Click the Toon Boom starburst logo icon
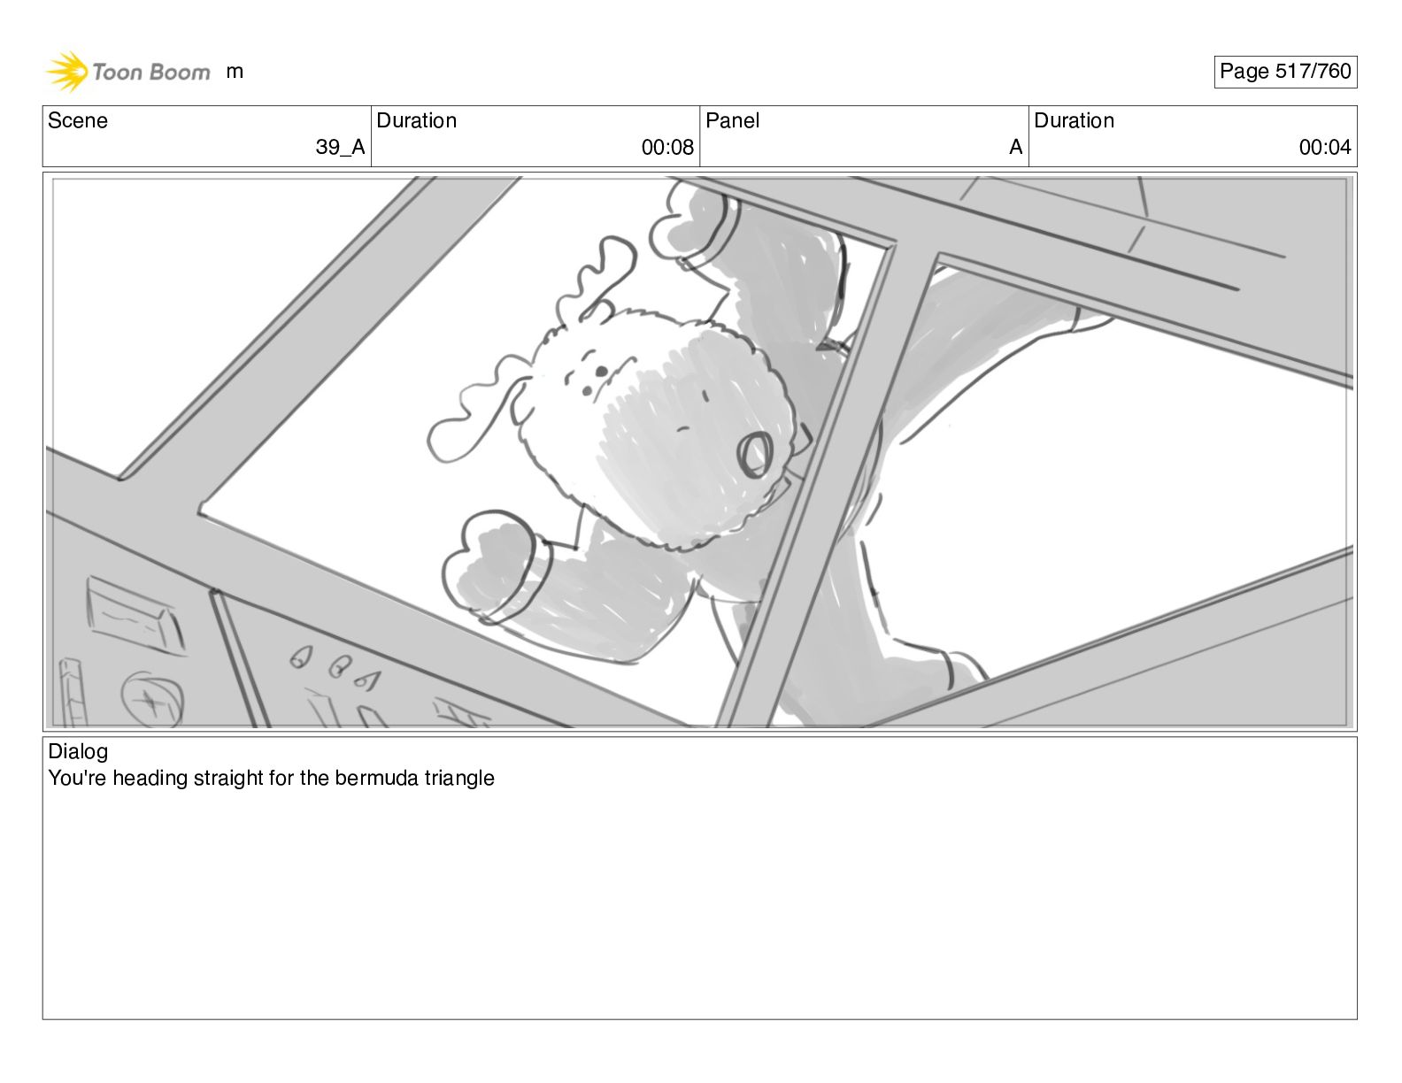(67, 71)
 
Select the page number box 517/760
(1285, 72)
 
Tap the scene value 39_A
(340, 148)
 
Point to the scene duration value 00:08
(667, 148)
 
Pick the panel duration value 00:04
(1325, 148)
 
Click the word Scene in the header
(77, 120)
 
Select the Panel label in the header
(732, 120)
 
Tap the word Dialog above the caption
(78, 751)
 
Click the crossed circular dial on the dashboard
(152, 700)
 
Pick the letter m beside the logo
(235, 72)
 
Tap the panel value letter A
(1015, 148)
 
